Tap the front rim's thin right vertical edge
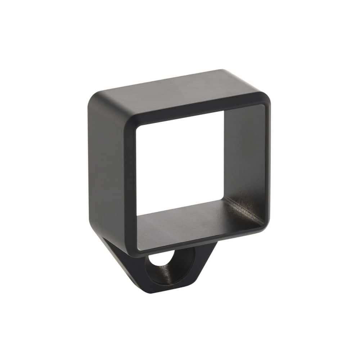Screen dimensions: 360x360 tap(267, 162)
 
